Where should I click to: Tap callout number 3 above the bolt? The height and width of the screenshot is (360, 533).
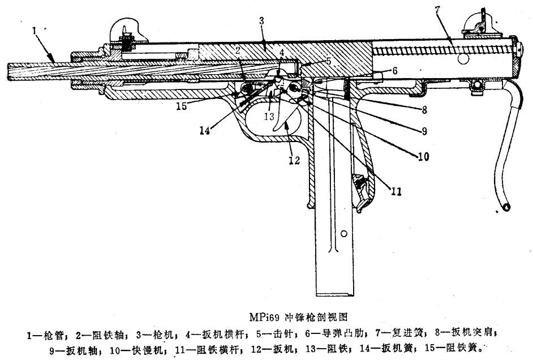pyautogui.click(x=261, y=21)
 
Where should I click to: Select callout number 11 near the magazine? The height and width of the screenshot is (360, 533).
pyautogui.click(x=396, y=191)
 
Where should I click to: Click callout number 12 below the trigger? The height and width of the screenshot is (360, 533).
pyautogui.click(x=294, y=160)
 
